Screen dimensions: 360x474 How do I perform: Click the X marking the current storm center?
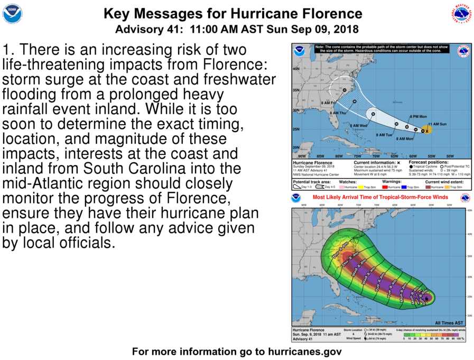[x=427, y=131]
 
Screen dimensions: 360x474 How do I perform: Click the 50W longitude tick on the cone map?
[x=449, y=156]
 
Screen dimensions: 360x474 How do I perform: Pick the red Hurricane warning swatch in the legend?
[x=392, y=187]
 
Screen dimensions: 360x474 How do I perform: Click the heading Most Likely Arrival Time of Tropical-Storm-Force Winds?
[x=380, y=197]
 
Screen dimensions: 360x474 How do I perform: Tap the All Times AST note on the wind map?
[x=450, y=322]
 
